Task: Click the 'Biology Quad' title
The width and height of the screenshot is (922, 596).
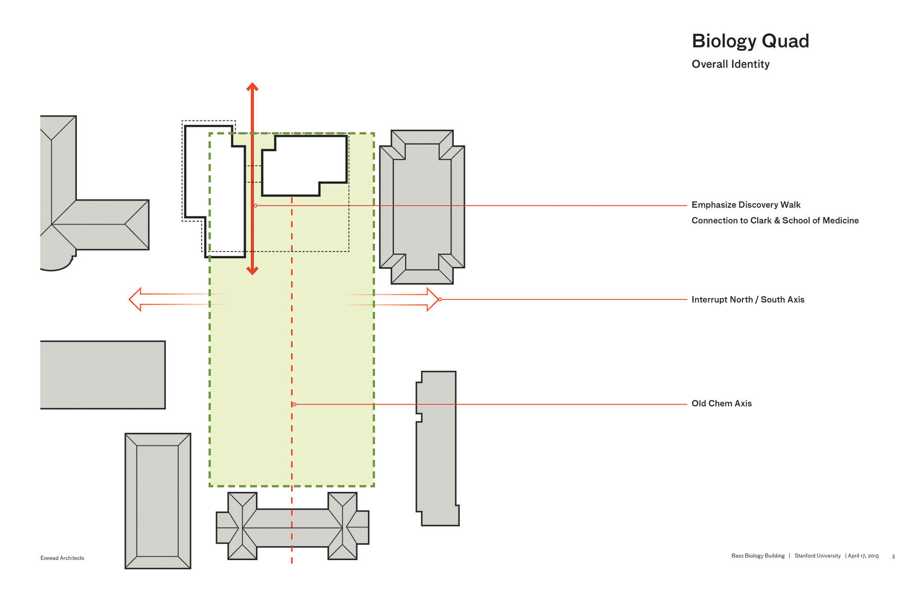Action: tap(750, 41)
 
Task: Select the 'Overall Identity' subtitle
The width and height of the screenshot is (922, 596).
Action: tap(730, 64)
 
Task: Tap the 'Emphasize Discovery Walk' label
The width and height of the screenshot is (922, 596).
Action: tap(746, 205)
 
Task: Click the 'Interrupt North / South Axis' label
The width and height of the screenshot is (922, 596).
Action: tap(748, 299)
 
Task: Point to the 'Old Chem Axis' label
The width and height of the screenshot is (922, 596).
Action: tap(721, 404)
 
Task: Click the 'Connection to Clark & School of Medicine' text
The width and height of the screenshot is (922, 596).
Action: tap(775, 221)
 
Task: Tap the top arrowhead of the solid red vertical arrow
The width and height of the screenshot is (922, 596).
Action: tap(253, 87)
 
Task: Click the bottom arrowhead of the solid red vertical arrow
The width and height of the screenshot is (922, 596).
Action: tap(253, 271)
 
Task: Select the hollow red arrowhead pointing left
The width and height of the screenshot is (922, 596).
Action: tap(135, 299)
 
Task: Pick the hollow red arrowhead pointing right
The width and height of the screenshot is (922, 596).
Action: tap(433, 299)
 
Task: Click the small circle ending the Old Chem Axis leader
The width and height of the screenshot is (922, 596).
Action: tap(294, 405)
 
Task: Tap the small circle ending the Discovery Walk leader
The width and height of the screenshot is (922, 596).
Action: tap(255, 206)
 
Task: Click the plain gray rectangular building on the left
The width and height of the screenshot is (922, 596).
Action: tap(102, 375)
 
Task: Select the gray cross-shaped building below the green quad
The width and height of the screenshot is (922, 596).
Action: tap(292, 527)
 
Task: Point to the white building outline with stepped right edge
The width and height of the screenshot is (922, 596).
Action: tap(304, 166)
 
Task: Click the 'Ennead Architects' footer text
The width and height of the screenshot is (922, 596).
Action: tap(62, 558)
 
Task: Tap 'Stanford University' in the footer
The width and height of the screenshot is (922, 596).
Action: tap(817, 556)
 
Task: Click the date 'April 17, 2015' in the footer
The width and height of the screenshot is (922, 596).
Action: tap(863, 556)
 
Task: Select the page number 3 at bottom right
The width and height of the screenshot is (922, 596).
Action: tap(893, 557)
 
